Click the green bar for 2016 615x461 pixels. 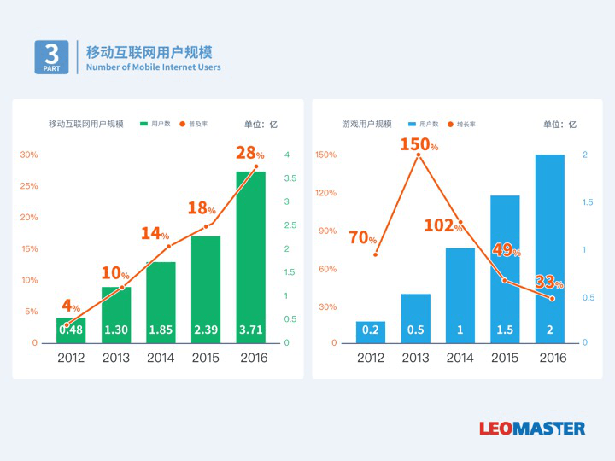click(251, 256)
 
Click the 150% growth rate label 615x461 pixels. click(419, 144)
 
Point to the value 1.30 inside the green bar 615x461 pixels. click(116, 330)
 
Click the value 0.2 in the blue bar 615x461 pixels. click(371, 330)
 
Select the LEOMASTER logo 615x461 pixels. click(532, 428)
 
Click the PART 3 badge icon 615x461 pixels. click(51, 57)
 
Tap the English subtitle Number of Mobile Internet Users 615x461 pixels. click(154, 67)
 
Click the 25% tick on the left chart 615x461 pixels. click(29, 186)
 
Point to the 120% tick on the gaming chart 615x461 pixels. click(326, 192)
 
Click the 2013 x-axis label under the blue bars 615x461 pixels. click(416, 358)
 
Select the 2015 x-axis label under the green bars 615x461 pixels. click(206, 358)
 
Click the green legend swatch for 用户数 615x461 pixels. click(144, 124)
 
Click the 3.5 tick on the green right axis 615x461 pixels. click(290, 178)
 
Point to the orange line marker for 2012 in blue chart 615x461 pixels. click(376, 254)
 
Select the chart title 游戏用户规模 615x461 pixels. click(366, 124)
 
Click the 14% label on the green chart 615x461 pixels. click(155, 233)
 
